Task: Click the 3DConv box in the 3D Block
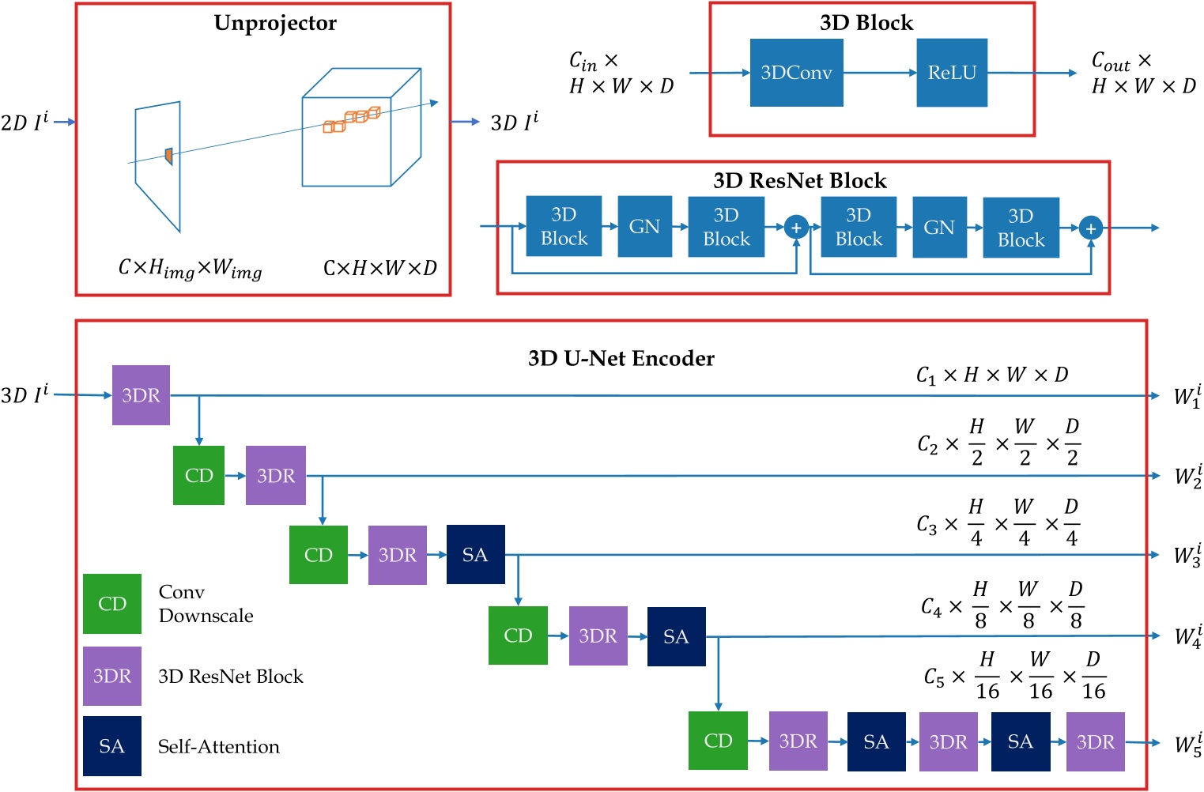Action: pos(796,73)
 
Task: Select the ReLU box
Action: pos(952,73)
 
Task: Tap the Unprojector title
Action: pos(275,23)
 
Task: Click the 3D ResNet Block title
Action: pos(799,181)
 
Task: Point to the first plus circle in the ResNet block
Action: pos(796,228)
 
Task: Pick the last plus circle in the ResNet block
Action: pos(1091,229)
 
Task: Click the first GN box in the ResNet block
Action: pos(644,227)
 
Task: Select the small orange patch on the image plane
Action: pos(168,156)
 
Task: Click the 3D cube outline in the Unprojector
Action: pos(360,127)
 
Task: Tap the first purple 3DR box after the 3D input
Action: pos(141,395)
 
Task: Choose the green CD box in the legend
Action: pos(112,604)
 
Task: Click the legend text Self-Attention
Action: pos(219,747)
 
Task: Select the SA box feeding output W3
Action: pos(475,555)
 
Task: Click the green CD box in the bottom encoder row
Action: pos(718,741)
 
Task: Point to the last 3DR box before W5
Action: pos(1095,741)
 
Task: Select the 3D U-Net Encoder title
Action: pos(621,359)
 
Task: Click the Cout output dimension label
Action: pos(1143,73)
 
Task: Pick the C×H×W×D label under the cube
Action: pos(380,269)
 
